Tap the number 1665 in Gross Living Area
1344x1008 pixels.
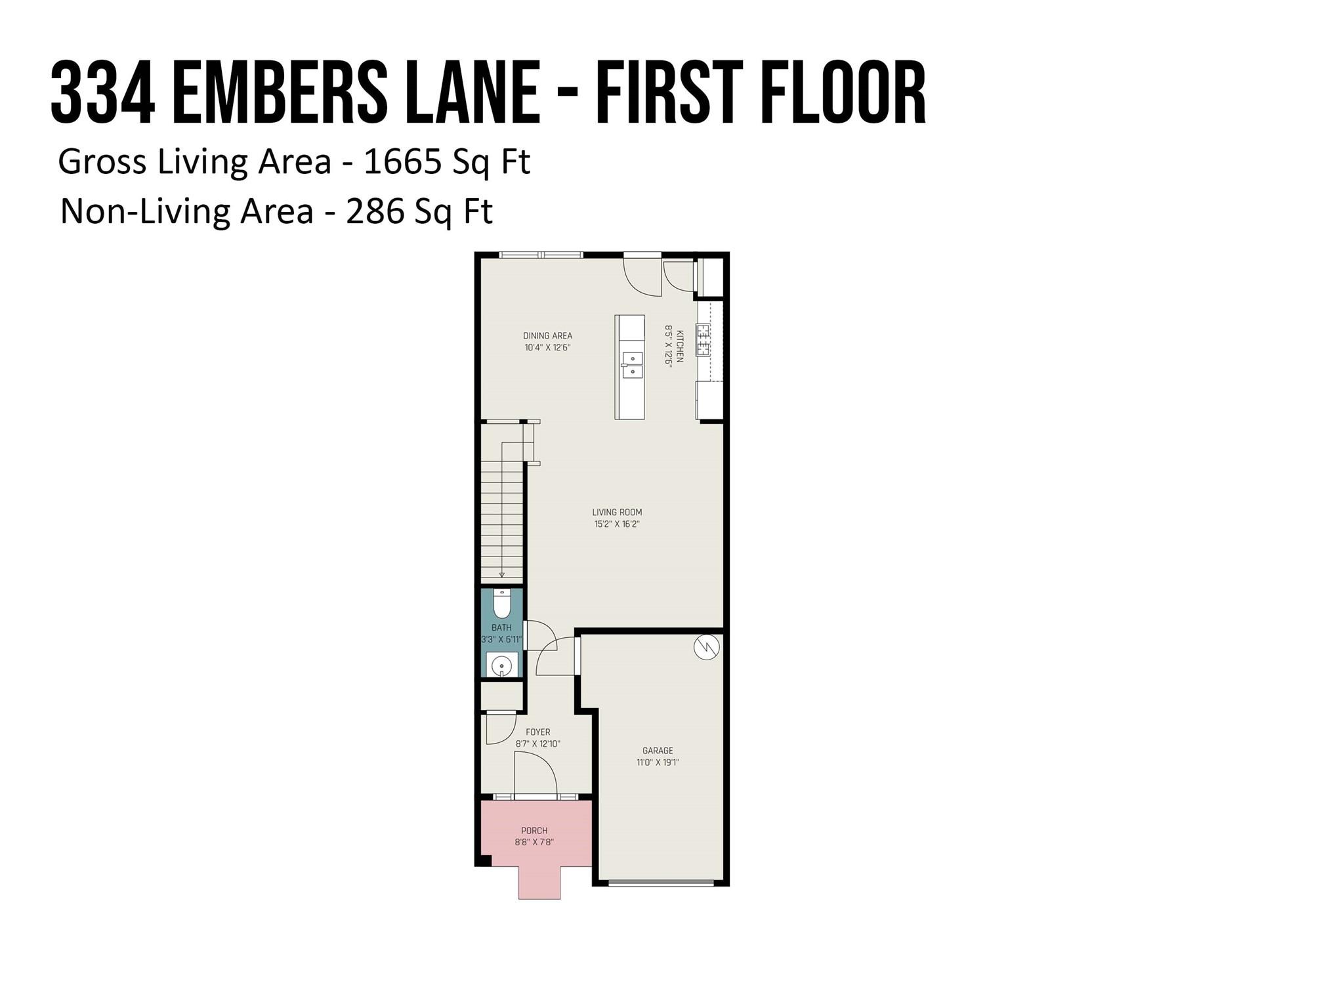(402, 161)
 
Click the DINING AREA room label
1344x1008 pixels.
(547, 336)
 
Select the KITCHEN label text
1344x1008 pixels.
(680, 346)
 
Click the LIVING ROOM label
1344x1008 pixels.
(617, 513)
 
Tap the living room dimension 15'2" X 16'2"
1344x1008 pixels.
(617, 524)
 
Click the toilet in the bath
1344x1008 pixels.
(502, 604)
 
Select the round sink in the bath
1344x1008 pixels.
(502, 665)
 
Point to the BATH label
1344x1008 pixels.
(501, 628)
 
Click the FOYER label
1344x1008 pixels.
(538, 732)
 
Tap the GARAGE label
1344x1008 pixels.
(658, 751)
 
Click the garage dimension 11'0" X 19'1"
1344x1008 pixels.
(658, 763)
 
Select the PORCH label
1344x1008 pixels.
(534, 831)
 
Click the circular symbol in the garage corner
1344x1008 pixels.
(707, 648)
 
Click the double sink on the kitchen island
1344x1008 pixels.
(633, 365)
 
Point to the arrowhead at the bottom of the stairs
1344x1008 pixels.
(502, 575)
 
